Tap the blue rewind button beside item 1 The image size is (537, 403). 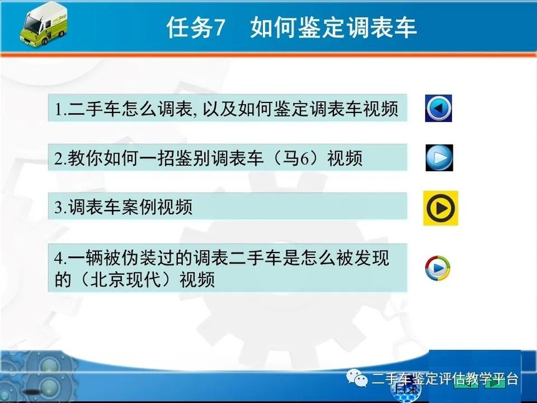point(439,108)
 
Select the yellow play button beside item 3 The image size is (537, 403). point(441,208)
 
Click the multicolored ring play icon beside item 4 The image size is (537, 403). point(438,268)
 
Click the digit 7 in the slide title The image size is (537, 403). point(219,27)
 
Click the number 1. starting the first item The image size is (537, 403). point(61,109)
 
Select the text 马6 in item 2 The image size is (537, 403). point(296,158)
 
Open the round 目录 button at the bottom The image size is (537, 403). point(406,389)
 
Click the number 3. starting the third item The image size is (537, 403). point(61,207)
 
